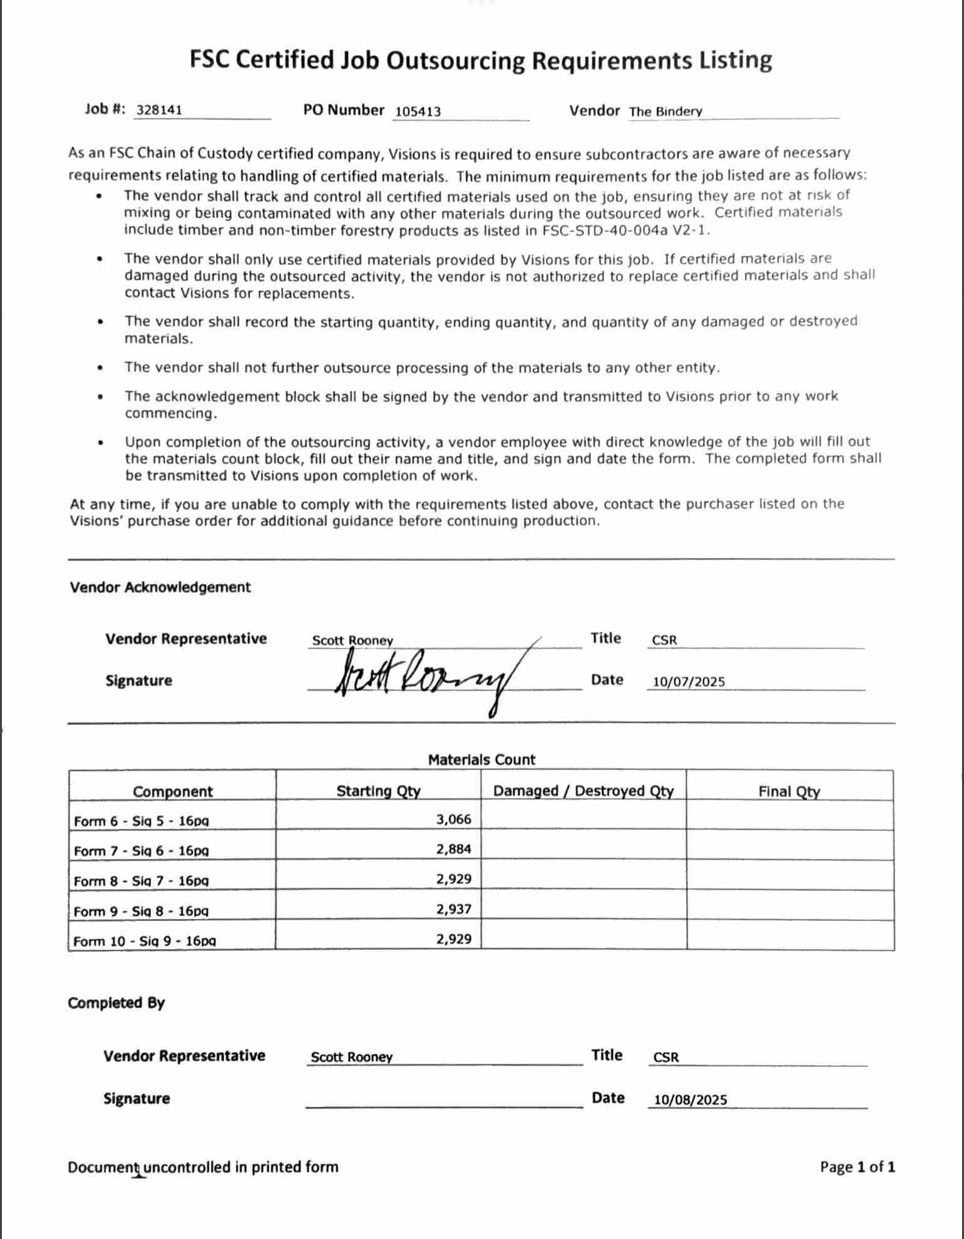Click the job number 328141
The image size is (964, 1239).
click(159, 110)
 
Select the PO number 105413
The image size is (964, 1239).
click(418, 111)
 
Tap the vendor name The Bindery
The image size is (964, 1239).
click(665, 112)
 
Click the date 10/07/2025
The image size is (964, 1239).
click(689, 682)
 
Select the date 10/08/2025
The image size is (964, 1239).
click(690, 1100)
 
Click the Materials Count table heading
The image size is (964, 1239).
click(481, 759)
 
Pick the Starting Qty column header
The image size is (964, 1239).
click(378, 791)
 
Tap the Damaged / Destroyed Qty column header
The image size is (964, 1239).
click(583, 791)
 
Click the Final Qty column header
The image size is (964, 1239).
click(789, 791)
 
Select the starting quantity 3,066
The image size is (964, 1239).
click(454, 819)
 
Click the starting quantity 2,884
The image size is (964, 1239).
click(454, 849)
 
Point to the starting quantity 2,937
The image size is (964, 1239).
click(454, 909)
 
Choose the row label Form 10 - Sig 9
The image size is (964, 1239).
click(144, 941)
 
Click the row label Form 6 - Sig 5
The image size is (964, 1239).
click(141, 821)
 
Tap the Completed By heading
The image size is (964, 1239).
click(116, 1003)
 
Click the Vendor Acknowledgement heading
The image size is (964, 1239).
click(160, 587)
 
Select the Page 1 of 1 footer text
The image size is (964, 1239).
click(857, 1167)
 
